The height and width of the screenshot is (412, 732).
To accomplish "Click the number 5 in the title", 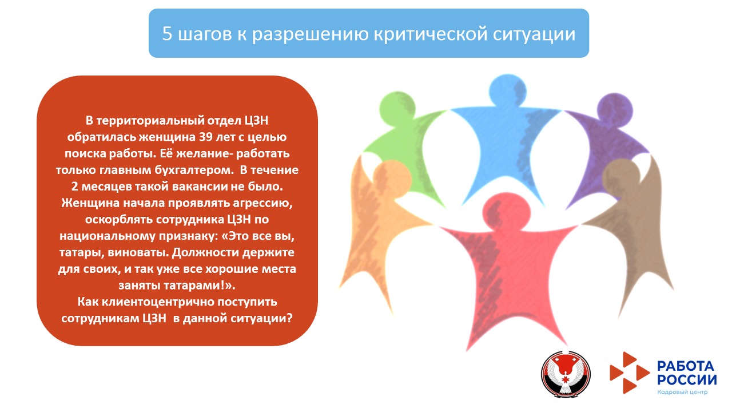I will pos(167,34).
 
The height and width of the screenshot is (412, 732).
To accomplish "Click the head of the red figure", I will pos(503,210).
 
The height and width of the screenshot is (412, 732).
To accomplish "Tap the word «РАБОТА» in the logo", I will pos(686,366).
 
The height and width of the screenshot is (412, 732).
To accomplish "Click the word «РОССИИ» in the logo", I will pos(686,380).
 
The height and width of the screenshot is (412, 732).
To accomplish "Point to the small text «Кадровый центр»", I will pos(682,392).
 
